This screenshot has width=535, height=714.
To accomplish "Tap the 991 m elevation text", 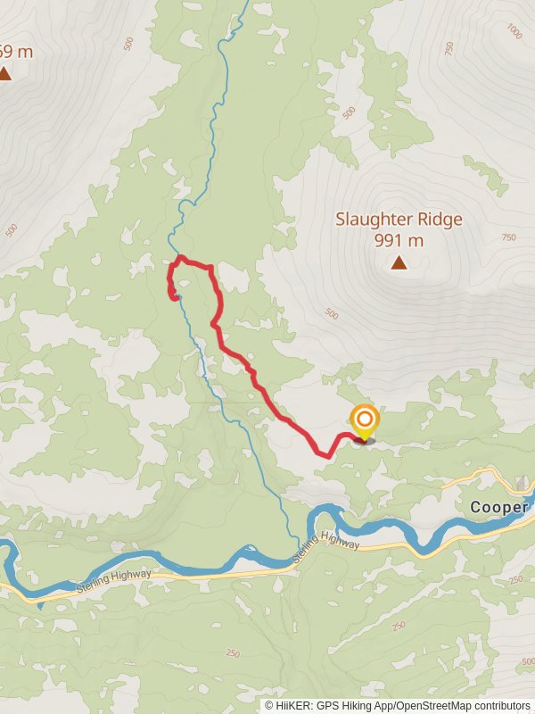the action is [399, 240].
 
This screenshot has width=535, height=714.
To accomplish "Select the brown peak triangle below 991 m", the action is [399, 262].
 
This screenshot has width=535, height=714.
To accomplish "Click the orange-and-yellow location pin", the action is [364, 422].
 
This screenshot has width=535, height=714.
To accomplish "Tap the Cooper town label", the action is [498, 507].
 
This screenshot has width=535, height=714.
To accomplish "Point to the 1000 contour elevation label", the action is [513, 31].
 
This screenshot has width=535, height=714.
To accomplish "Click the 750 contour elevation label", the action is [509, 237].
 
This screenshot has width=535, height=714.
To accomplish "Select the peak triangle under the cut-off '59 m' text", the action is [5, 73].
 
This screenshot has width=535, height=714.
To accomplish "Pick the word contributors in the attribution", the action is [502, 705].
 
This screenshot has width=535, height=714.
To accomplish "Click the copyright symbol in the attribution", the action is [269, 705].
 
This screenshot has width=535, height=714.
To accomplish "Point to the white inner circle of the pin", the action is [364, 418].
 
